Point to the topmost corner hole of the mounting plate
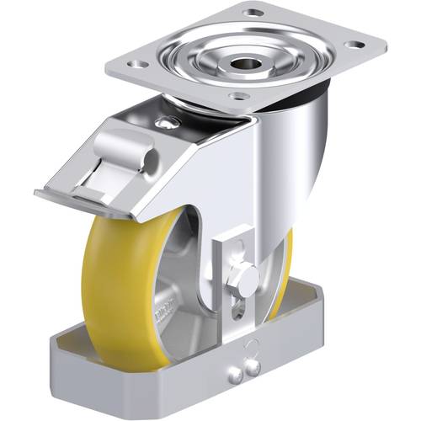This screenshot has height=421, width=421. pyautogui.click(x=252, y=13)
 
